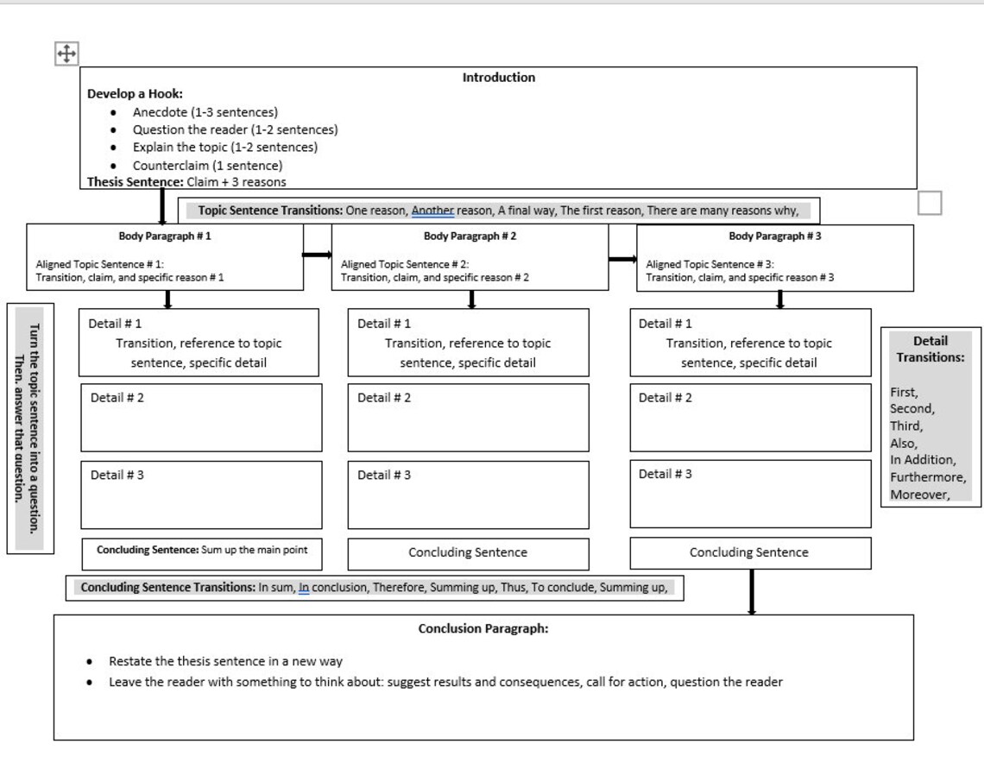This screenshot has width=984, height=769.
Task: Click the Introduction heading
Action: tap(498, 78)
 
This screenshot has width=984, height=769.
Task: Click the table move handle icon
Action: tap(66, 54)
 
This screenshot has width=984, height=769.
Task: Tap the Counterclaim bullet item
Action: tap(207, 165)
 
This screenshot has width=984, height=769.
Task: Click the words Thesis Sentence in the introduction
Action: tap(135, 182)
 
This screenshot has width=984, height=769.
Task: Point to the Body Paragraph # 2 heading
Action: tap(470, 236)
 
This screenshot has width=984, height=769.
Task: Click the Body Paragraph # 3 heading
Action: tap(774, 236)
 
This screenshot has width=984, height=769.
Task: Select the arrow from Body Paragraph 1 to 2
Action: tap(317, 255)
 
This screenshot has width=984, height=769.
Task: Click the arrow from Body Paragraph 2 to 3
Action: tap(622, 258)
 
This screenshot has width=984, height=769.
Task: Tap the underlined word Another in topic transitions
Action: tap(432, 211)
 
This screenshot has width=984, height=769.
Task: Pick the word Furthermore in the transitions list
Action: tap(928, 477)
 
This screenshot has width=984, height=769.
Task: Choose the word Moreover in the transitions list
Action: tap(920, 495)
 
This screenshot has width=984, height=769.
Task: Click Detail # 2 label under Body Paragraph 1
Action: tap(117, 398)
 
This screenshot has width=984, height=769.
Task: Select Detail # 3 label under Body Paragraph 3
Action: tap(665, 474)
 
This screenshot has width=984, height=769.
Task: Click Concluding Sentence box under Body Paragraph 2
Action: tap(468, 552)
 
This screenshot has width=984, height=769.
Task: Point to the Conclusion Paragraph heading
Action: tap(483, 628)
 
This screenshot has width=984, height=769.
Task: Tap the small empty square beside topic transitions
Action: tap(930, 204)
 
